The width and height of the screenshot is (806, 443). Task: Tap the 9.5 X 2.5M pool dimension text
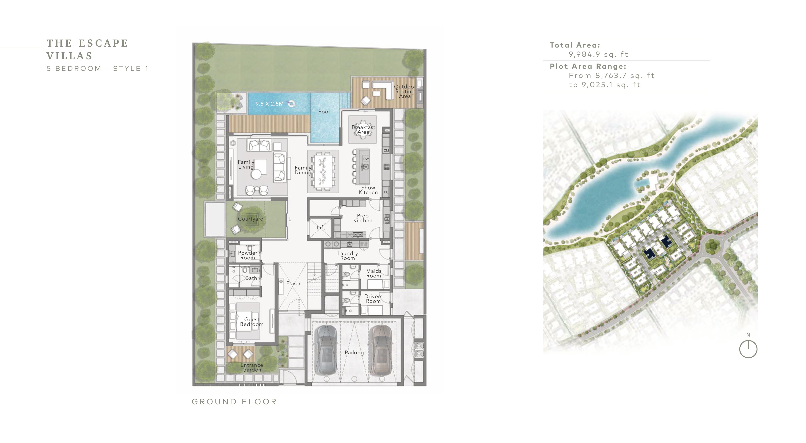pyautogui.click(x=269, y=104)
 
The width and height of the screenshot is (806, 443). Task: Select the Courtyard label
pyautogui.click(x=251, y=219)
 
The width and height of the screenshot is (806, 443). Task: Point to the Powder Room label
pyautogui.click(x=248, y=255)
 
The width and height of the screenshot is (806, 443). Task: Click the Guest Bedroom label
pyautogui.click(x=252, y=322)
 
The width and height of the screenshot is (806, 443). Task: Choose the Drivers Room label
pyautogui.click(x=373, y=298)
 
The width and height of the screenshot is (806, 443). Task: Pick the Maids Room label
pyautogui.click(x=374, y=273)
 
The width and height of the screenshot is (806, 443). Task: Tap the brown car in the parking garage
pyautogui.click(x=381, y=350)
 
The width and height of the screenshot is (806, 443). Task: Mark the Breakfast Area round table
pyautogui.click(x=363, y=129)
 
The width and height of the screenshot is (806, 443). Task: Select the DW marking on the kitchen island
pyautogui.click(x=366, y=159)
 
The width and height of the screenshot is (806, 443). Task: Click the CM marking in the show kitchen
pyautogui.click(x=386, y=150)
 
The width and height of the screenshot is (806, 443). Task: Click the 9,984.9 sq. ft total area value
pyautogui.click(x=598, y=54)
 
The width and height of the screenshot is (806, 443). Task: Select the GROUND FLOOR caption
pyautogui.click(x=234, y=402)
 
